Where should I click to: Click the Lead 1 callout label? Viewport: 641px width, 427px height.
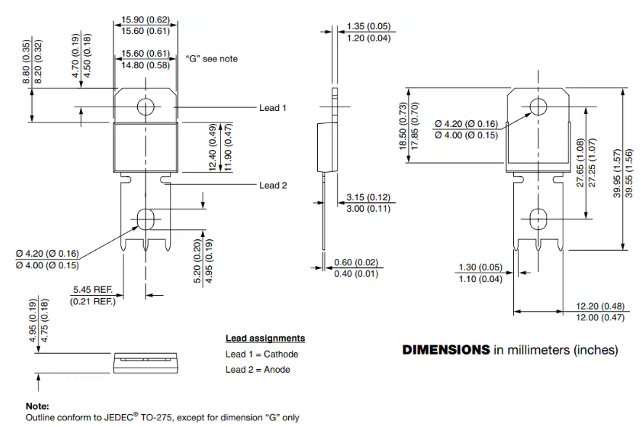coord(273,108)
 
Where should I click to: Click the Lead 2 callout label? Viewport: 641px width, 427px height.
coord(273,186)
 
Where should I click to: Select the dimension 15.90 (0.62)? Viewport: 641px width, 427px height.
coord(145,20)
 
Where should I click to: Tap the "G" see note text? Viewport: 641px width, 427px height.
coord(212,59)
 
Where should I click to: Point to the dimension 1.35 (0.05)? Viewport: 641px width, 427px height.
coord(369,26)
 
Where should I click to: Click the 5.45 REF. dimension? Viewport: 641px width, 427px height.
coord(93,289)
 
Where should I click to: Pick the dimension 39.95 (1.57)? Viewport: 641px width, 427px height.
coord(617,173)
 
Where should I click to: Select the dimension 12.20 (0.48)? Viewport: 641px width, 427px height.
coord(600,306)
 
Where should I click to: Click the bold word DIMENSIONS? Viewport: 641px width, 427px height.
coord(446,350)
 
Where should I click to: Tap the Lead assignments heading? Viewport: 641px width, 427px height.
coord(265,338)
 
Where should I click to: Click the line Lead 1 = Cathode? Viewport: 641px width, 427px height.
coord(261,354)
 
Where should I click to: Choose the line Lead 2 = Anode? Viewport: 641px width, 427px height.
coord(258,370)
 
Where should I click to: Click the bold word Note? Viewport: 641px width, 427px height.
coord(37,406)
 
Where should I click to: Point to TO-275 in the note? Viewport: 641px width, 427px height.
coord(157,417)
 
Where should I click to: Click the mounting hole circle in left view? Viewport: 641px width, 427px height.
coord(145,107)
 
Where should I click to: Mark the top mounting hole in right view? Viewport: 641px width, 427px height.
coord(538,107)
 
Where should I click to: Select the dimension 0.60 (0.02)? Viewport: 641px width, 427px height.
coord(356,262)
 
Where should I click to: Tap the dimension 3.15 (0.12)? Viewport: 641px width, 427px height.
coord(368,197)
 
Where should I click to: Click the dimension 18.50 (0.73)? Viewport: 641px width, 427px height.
coord(403,126)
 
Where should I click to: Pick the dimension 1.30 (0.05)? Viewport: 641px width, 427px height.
coord(481,268)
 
